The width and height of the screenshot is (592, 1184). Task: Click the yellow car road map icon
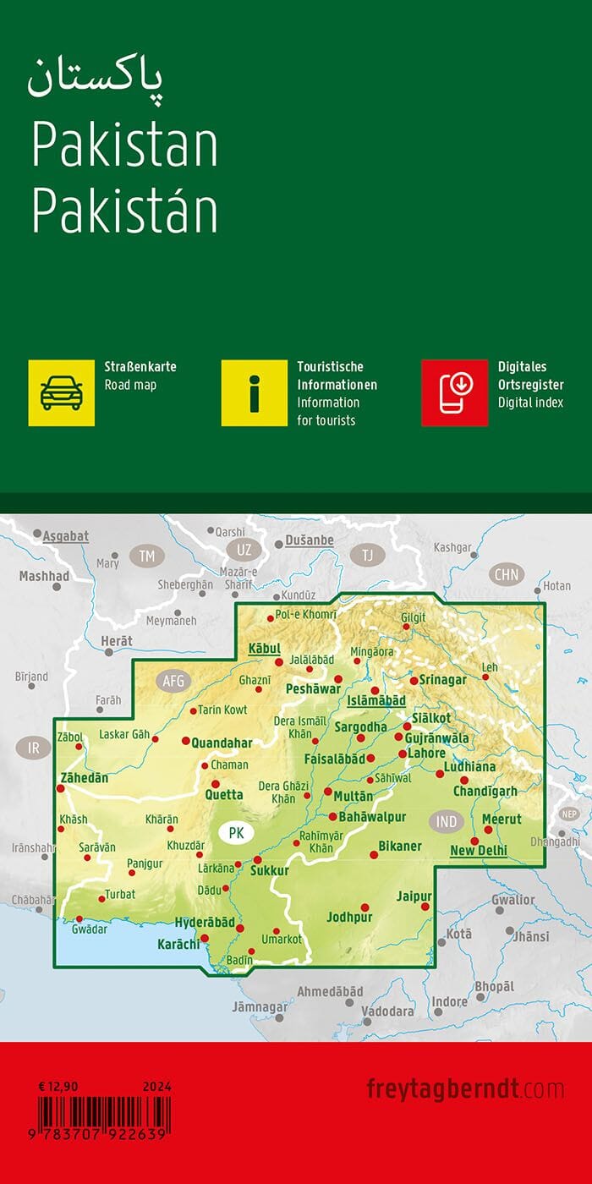pos(62,392)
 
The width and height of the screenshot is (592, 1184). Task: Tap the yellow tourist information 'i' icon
pos(255,392)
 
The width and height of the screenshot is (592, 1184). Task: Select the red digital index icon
pos(454,392)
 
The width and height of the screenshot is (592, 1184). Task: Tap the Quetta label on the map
pos(224,795)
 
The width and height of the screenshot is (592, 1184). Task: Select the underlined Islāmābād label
pos(376,701)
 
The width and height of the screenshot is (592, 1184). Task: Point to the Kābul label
pos(263,649)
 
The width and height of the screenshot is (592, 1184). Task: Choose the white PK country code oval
pos(236,833)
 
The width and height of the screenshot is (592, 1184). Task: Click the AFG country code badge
pos(173,679)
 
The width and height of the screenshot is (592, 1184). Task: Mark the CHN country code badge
pos(507,575)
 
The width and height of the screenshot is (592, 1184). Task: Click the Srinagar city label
pos(443,680)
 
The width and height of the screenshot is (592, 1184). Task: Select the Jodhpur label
pos(349,917)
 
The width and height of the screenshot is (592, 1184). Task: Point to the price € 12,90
pos(54,1086)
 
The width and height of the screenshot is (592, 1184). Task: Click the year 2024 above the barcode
pos(157,1086)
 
